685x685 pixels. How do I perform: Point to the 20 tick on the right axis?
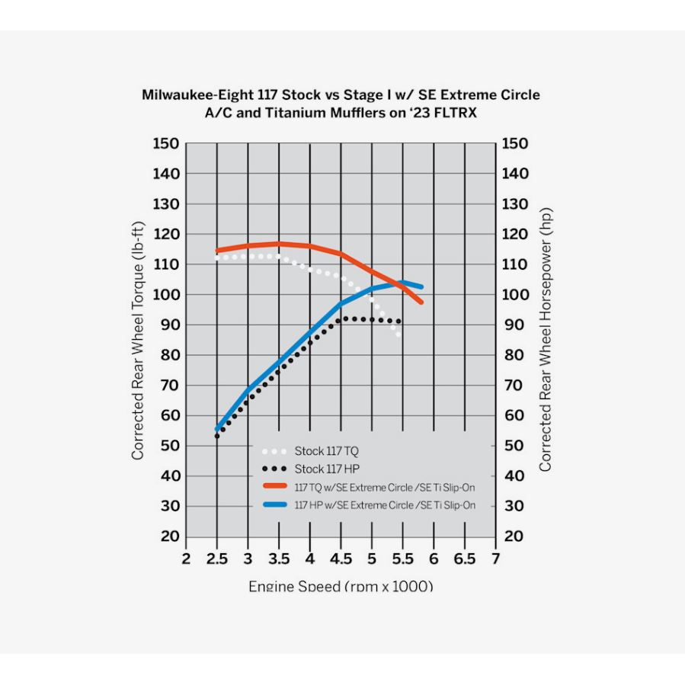tap(515, 537)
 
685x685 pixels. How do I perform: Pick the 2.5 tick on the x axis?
tap(217, 560)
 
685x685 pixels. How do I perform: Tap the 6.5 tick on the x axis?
tap(464, 560)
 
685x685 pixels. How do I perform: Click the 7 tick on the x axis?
tap(495, 560)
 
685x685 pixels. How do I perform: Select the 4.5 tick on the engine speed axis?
tap(341, 560)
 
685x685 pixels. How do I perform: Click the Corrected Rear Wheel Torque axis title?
tap(138, 340)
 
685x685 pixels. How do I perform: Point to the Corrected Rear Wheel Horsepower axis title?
tap(546, 340)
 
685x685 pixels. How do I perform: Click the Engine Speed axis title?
tap(341, 587)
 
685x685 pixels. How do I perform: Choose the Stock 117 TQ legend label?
tap(325, 451)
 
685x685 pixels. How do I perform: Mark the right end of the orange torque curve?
tap(421, 302)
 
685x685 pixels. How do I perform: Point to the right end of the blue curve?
tap(421, 286)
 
